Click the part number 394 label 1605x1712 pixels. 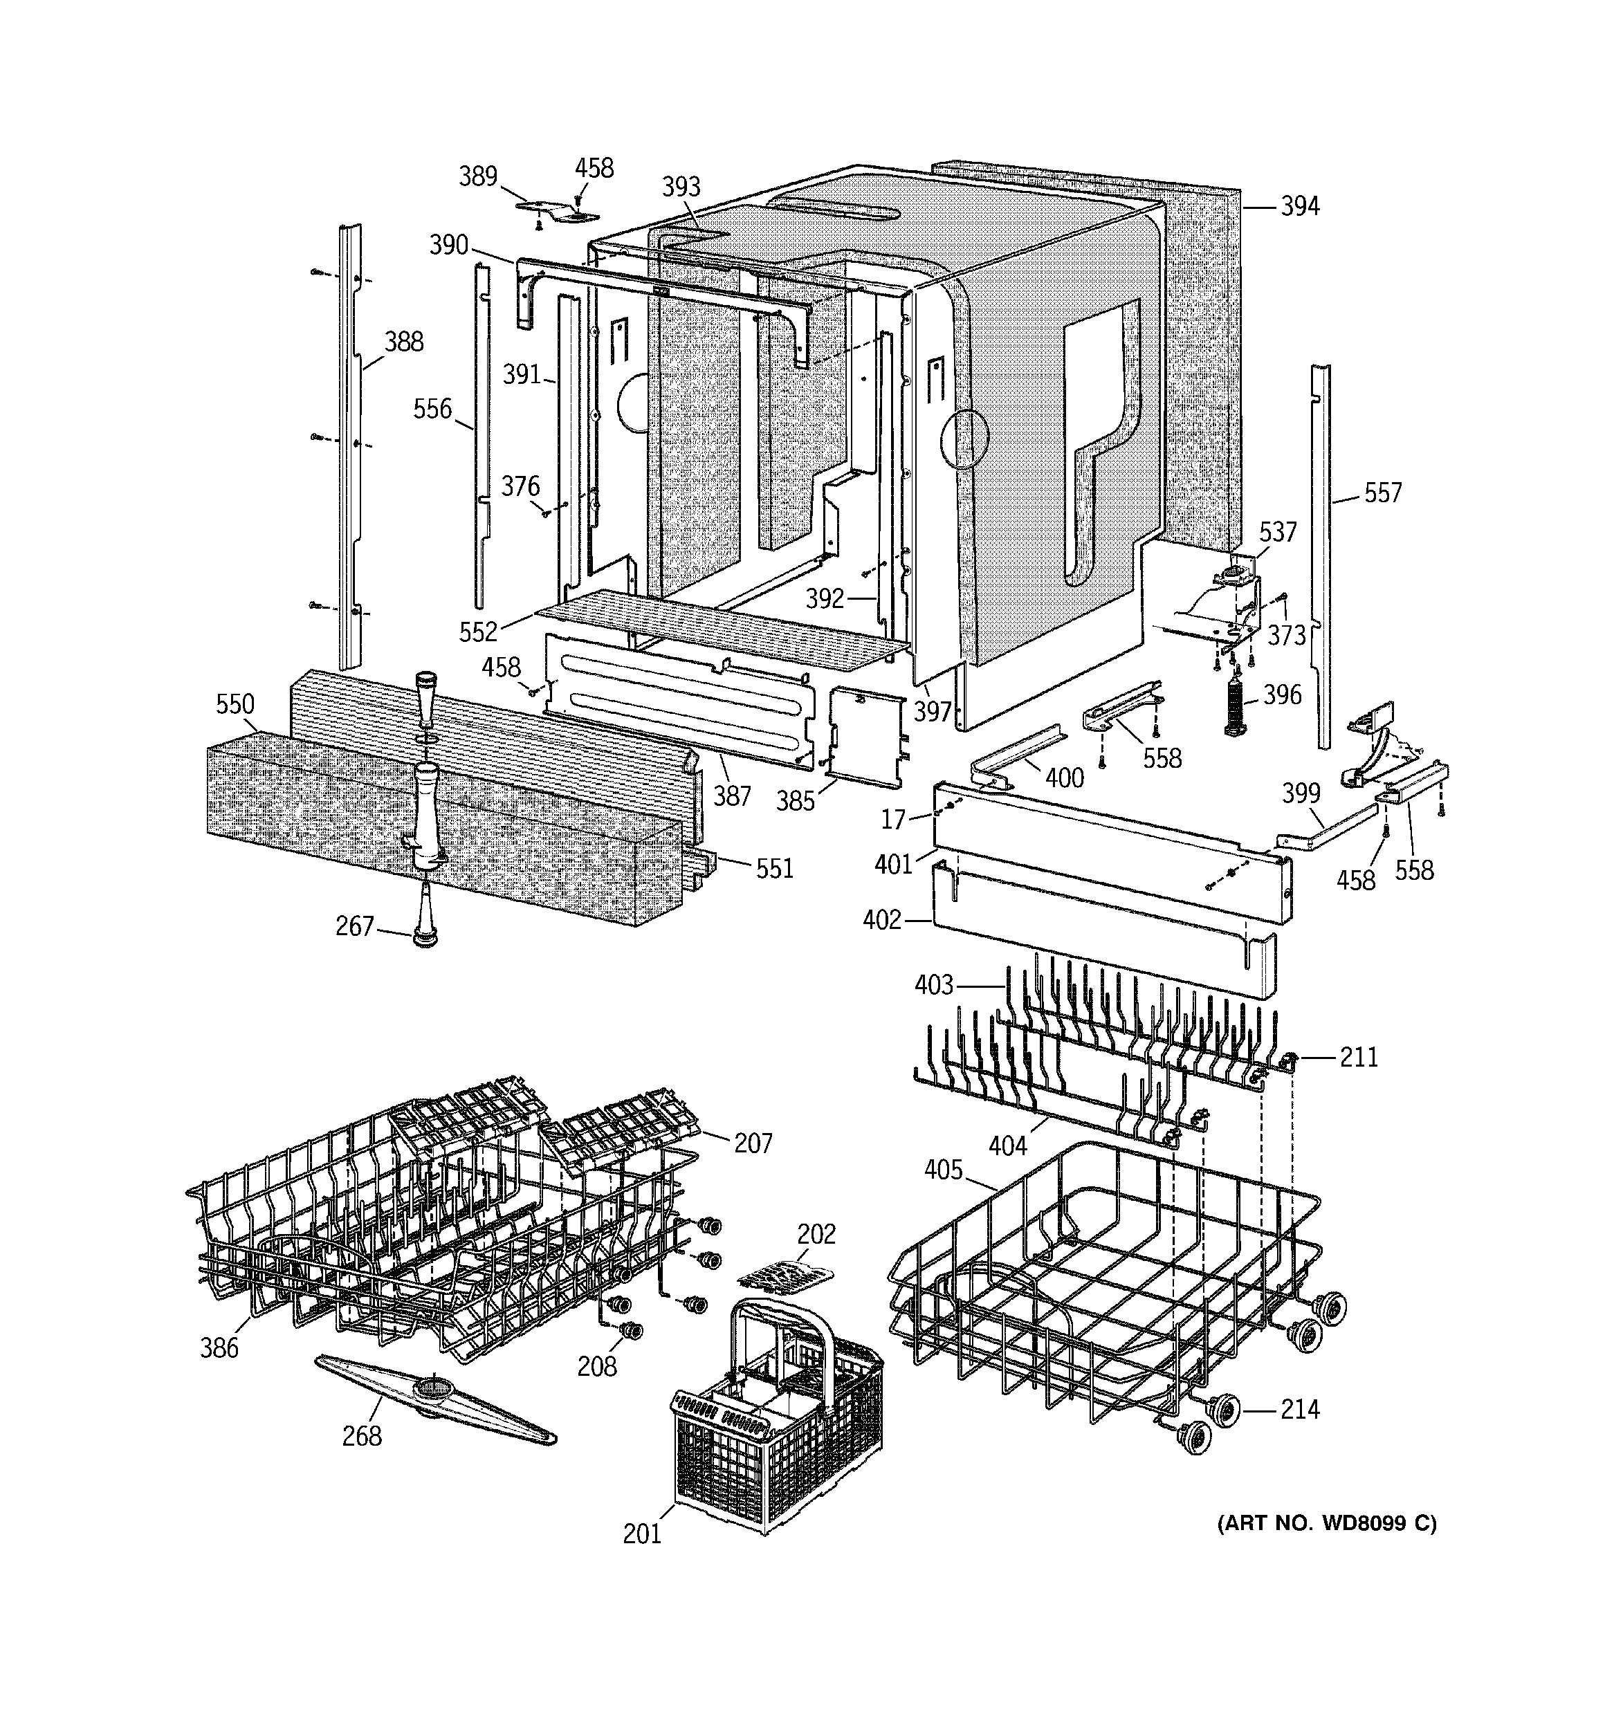[1299, 207]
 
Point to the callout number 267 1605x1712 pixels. [354, 927]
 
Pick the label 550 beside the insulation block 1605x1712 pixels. [235, 704]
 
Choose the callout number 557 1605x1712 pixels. [1383, 493]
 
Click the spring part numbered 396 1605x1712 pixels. [1236, 704]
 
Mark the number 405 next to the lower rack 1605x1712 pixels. [944, 1170]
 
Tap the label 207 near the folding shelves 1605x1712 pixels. [753, 1143]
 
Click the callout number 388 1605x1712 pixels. [403, 342]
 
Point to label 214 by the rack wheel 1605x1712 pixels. [1299, 1410]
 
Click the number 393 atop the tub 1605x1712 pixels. [681, 187]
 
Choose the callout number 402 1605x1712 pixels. [881, 921]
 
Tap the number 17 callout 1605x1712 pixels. [893, 820]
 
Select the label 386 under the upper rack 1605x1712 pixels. [219, 1347]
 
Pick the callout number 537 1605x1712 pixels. [1277, 532]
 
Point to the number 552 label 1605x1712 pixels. [478, 632]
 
